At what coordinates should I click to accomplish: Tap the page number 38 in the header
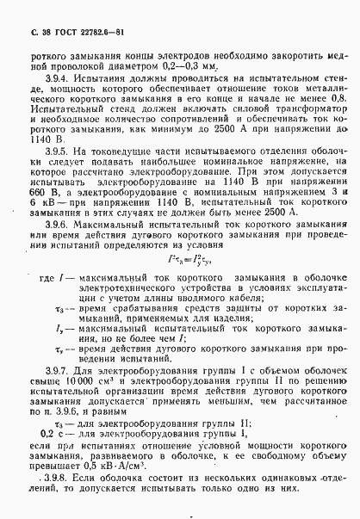32,32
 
